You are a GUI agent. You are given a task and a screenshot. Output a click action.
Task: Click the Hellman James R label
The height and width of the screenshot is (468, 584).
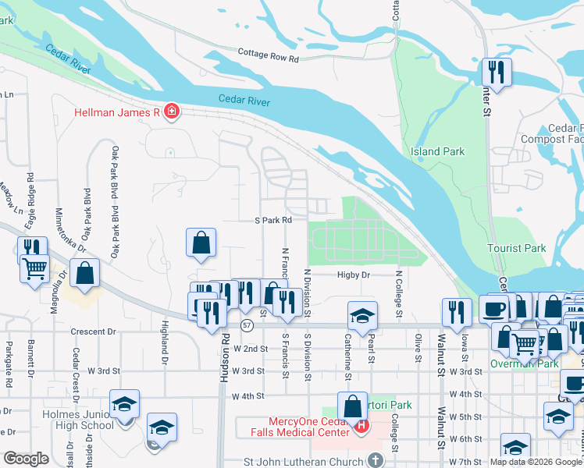(117, 112)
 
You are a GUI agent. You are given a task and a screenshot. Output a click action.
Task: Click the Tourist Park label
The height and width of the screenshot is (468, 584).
(516, 248)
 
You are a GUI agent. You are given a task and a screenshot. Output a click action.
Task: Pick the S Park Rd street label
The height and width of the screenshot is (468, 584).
(273, 221)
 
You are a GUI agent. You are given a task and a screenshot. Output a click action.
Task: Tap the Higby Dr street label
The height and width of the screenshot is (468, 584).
(353, 275)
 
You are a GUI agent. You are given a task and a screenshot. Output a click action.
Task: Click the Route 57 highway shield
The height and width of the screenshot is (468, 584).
(247, 324)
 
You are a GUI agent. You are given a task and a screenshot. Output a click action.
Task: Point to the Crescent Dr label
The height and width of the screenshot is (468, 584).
(93, 331)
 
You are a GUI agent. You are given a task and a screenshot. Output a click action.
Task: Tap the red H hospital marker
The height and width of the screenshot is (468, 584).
(361, 425)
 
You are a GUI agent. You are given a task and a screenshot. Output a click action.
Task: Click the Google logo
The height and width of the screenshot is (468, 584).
(26, 459)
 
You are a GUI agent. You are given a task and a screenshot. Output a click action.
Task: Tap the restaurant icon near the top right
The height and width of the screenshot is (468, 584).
(497, 72)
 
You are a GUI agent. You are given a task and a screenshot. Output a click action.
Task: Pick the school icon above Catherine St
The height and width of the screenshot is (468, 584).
(363, 315)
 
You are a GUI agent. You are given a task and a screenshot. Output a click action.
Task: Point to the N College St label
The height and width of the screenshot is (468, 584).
(399, 295)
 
